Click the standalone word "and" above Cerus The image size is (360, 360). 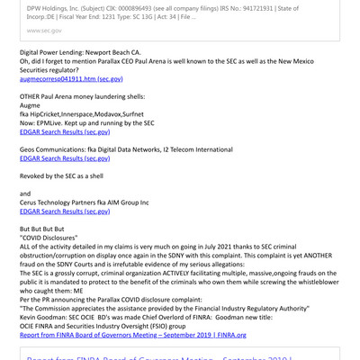coord(25,193)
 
